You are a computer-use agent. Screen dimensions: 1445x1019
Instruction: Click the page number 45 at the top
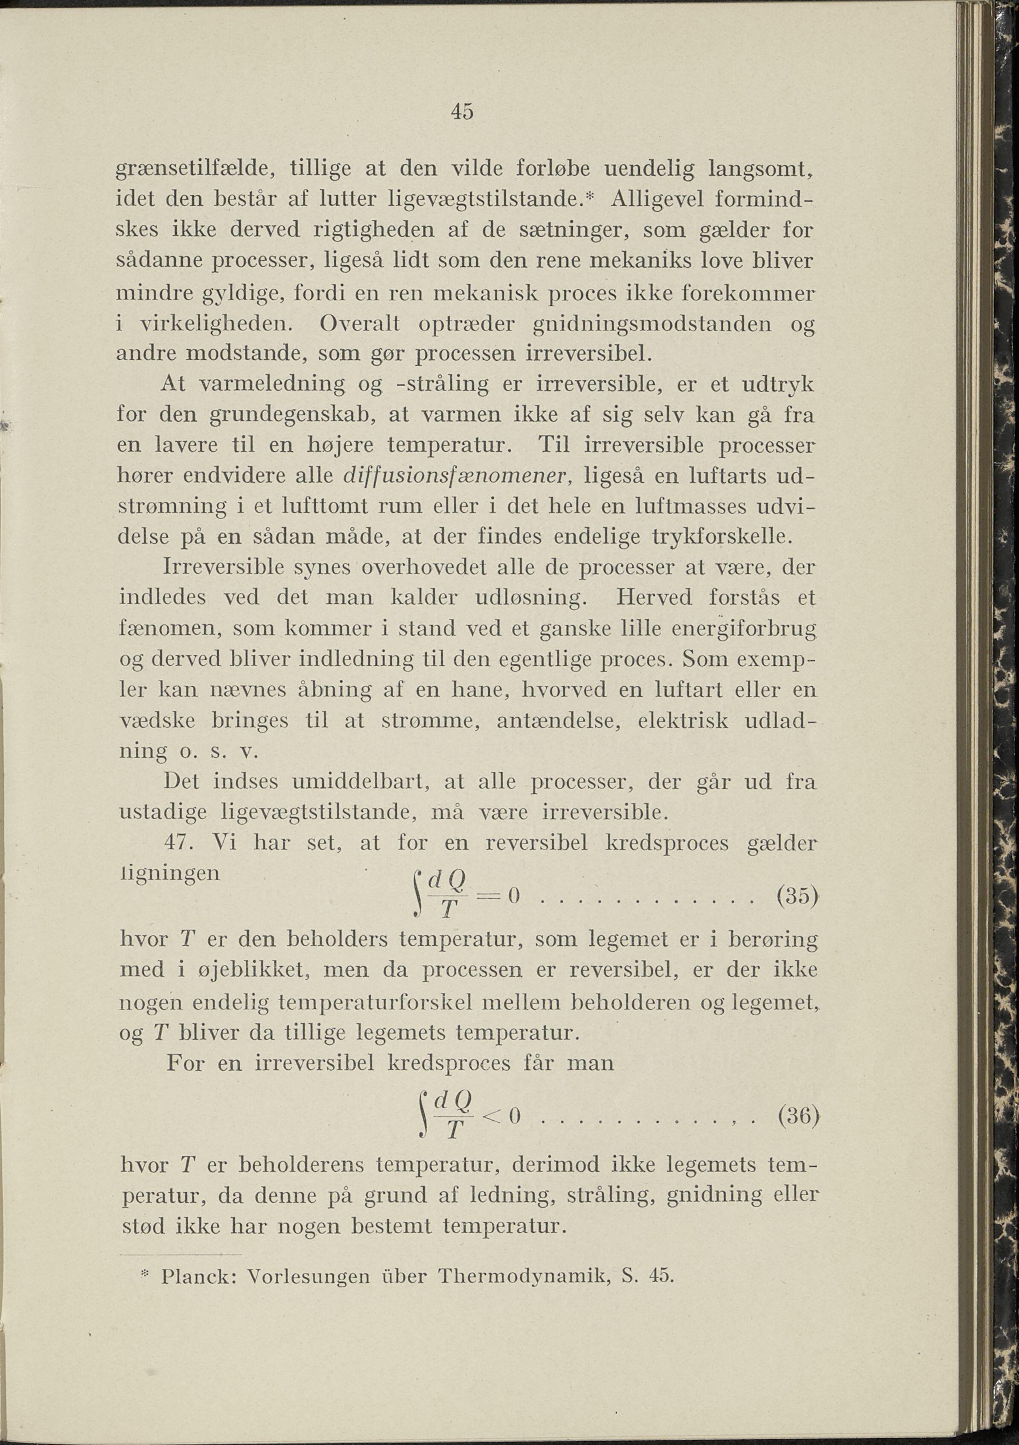click(x=462, y=112)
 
